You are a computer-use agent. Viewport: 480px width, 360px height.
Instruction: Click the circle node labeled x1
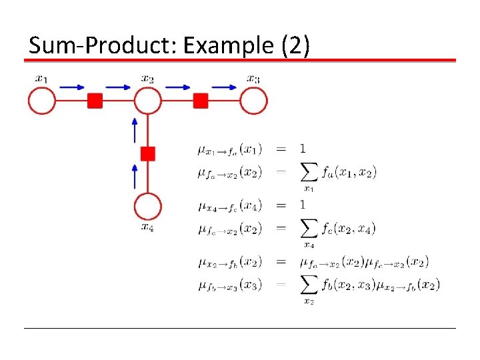[42, 101]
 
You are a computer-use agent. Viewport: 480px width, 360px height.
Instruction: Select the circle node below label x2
[148, 101]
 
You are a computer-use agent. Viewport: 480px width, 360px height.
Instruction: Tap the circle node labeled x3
[253, 101]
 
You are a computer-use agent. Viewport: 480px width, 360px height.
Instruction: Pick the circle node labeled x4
[148, 207]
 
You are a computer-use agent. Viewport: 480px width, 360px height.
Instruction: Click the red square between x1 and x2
[95, 101]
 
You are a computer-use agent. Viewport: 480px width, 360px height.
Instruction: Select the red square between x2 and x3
[201, 101]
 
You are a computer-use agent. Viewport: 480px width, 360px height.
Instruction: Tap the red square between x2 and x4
[148, 154]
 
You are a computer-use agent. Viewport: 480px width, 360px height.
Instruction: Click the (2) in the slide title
[293, 46]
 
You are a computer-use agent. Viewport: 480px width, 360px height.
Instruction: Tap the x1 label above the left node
[42, 79]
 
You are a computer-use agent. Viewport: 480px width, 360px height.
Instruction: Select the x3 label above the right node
[253, 79]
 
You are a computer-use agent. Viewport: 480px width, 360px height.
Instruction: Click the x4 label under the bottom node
[148, 227]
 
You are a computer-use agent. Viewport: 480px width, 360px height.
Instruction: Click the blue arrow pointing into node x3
[227, 86]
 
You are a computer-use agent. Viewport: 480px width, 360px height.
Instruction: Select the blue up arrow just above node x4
[135, 176]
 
